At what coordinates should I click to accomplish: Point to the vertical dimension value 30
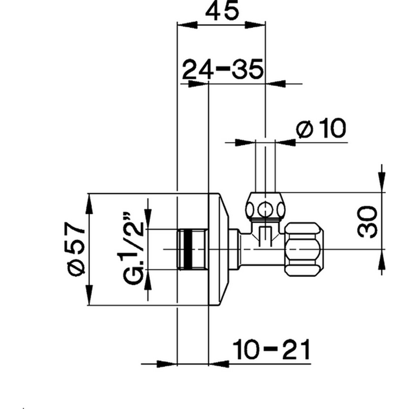click(x=368, y=220)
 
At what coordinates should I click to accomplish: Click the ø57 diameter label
click(x=77, y=249)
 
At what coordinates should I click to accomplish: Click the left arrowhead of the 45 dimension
click(x=185, y=25)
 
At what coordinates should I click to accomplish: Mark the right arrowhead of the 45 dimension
click(x=258, y=25)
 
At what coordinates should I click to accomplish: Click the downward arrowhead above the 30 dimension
click(x=382, y=183)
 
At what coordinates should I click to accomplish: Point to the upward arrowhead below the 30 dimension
click(x=382, y=258)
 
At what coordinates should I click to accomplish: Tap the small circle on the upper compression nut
click(x=265, y=207)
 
